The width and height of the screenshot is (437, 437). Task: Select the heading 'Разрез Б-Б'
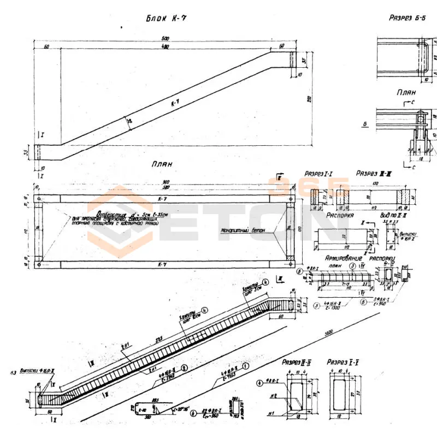click(407, 17)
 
